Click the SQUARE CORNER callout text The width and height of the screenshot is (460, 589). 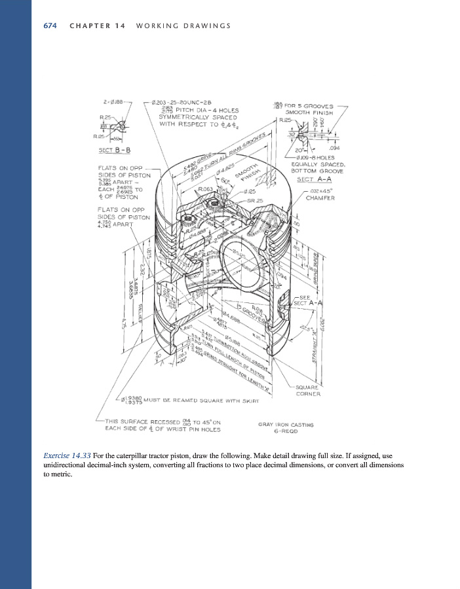click(x=308, y=390)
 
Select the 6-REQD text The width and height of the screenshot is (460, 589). click(x=286, y=432)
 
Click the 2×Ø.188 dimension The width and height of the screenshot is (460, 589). click(x=115, y=102)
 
